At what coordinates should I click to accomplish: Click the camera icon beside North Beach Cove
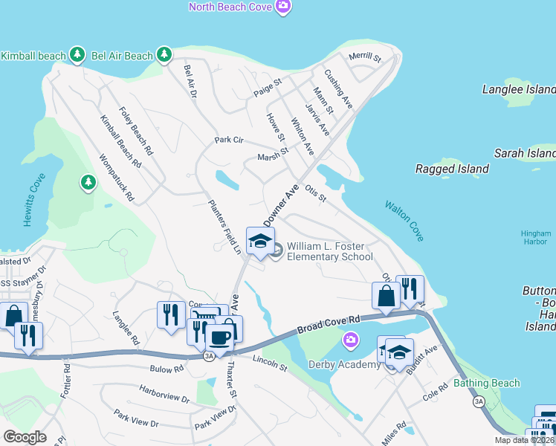coord(282,7)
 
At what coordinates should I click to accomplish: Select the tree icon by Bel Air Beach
coord(164,54)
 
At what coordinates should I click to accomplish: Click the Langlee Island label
coord(518,89)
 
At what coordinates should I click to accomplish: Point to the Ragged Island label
coord(451,169)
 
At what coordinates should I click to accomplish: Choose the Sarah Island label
coord(525,153)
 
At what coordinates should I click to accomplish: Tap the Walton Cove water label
coord(404,220)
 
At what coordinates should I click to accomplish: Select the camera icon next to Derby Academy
coord(350,340)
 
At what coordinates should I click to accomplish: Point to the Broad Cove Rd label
coord(328,325)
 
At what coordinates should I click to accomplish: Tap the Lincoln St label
coord(269,363)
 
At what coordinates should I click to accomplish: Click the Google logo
coord(24,437)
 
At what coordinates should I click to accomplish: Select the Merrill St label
coord(364,57)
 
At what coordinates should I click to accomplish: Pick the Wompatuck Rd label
coord(116,178)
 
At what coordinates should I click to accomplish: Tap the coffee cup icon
coord(219,337)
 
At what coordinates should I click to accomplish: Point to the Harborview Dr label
coord(164,394)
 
